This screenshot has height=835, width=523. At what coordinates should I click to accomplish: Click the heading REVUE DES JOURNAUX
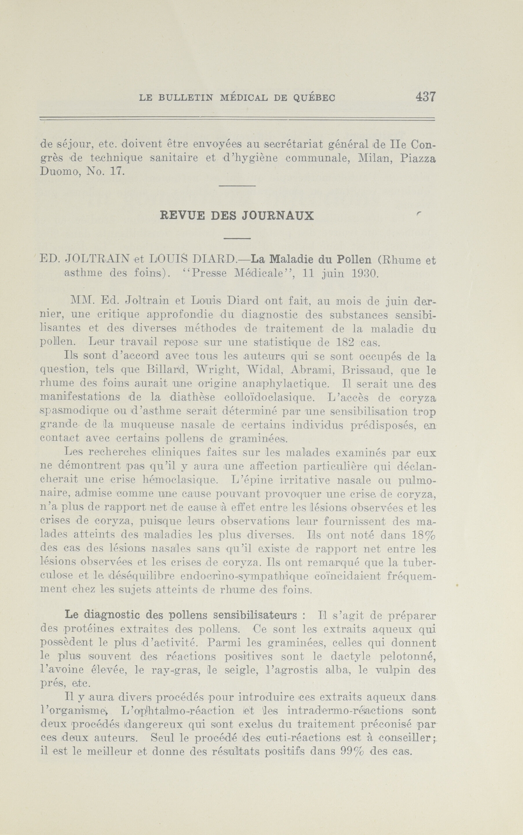point(237,216)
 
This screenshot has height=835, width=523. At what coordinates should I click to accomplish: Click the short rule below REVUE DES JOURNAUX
point(237,238)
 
